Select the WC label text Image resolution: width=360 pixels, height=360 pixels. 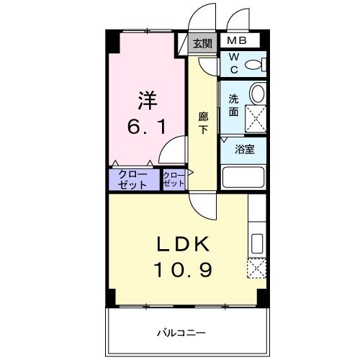(234, 64)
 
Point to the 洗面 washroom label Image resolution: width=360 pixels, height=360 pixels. (233, 105)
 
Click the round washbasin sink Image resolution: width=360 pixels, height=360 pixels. (257, 94)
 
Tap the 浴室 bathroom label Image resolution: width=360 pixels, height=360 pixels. (245, 150)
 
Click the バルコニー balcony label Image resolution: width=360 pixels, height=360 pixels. (182, 333)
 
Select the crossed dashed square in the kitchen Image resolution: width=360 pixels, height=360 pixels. (257, 268)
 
